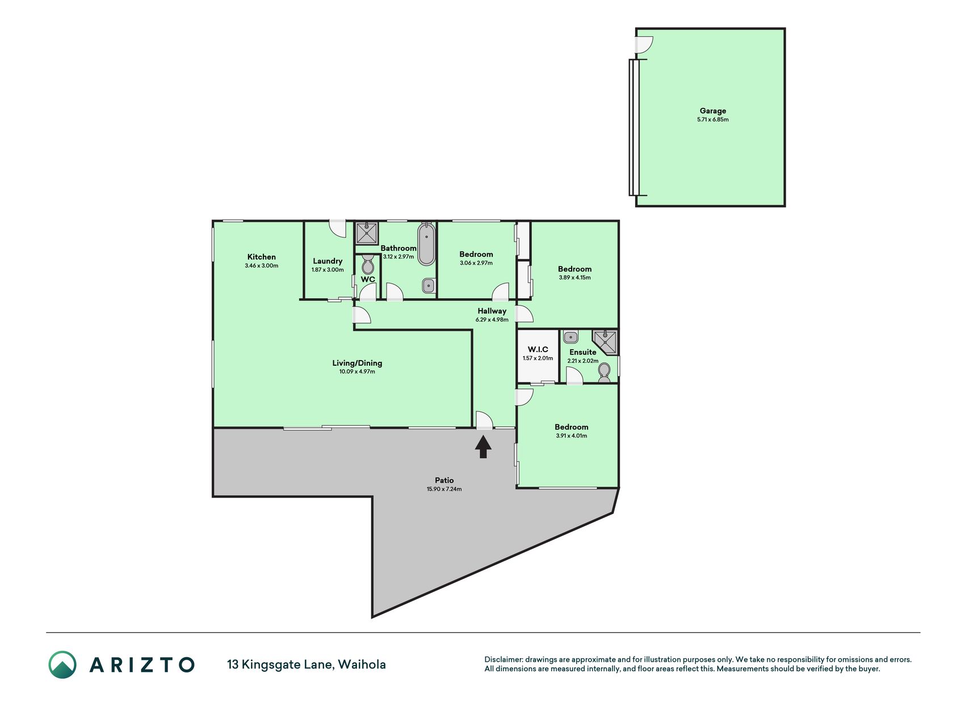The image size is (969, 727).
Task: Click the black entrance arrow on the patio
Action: point(483,446)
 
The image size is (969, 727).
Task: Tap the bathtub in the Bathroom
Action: point(426,244)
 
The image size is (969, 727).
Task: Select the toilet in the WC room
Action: point(368,264)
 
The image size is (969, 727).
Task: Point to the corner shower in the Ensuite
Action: point(605,341)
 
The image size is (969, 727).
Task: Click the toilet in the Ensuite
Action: point(605,372)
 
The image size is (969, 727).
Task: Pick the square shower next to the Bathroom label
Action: point(367,233)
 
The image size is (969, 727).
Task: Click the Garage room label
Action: point(713,111)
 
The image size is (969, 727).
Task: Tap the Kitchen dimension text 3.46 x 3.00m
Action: point(262,266)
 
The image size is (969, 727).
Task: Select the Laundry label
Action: point(328,261)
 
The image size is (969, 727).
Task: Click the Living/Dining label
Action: point(357,363)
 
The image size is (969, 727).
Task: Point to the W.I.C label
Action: point(538,349)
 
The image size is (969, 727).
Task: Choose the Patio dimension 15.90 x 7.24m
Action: point(444,489)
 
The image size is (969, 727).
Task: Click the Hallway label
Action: point(492,311)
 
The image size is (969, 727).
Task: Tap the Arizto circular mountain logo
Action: point(62,665)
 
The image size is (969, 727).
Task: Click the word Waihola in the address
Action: point(362,665)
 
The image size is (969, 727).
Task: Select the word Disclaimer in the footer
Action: point(503,659)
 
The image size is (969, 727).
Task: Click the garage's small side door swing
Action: point(644,45)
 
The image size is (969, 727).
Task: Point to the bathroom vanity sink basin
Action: point(429,286)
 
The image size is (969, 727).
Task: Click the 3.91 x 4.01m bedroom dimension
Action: point(572,436)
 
